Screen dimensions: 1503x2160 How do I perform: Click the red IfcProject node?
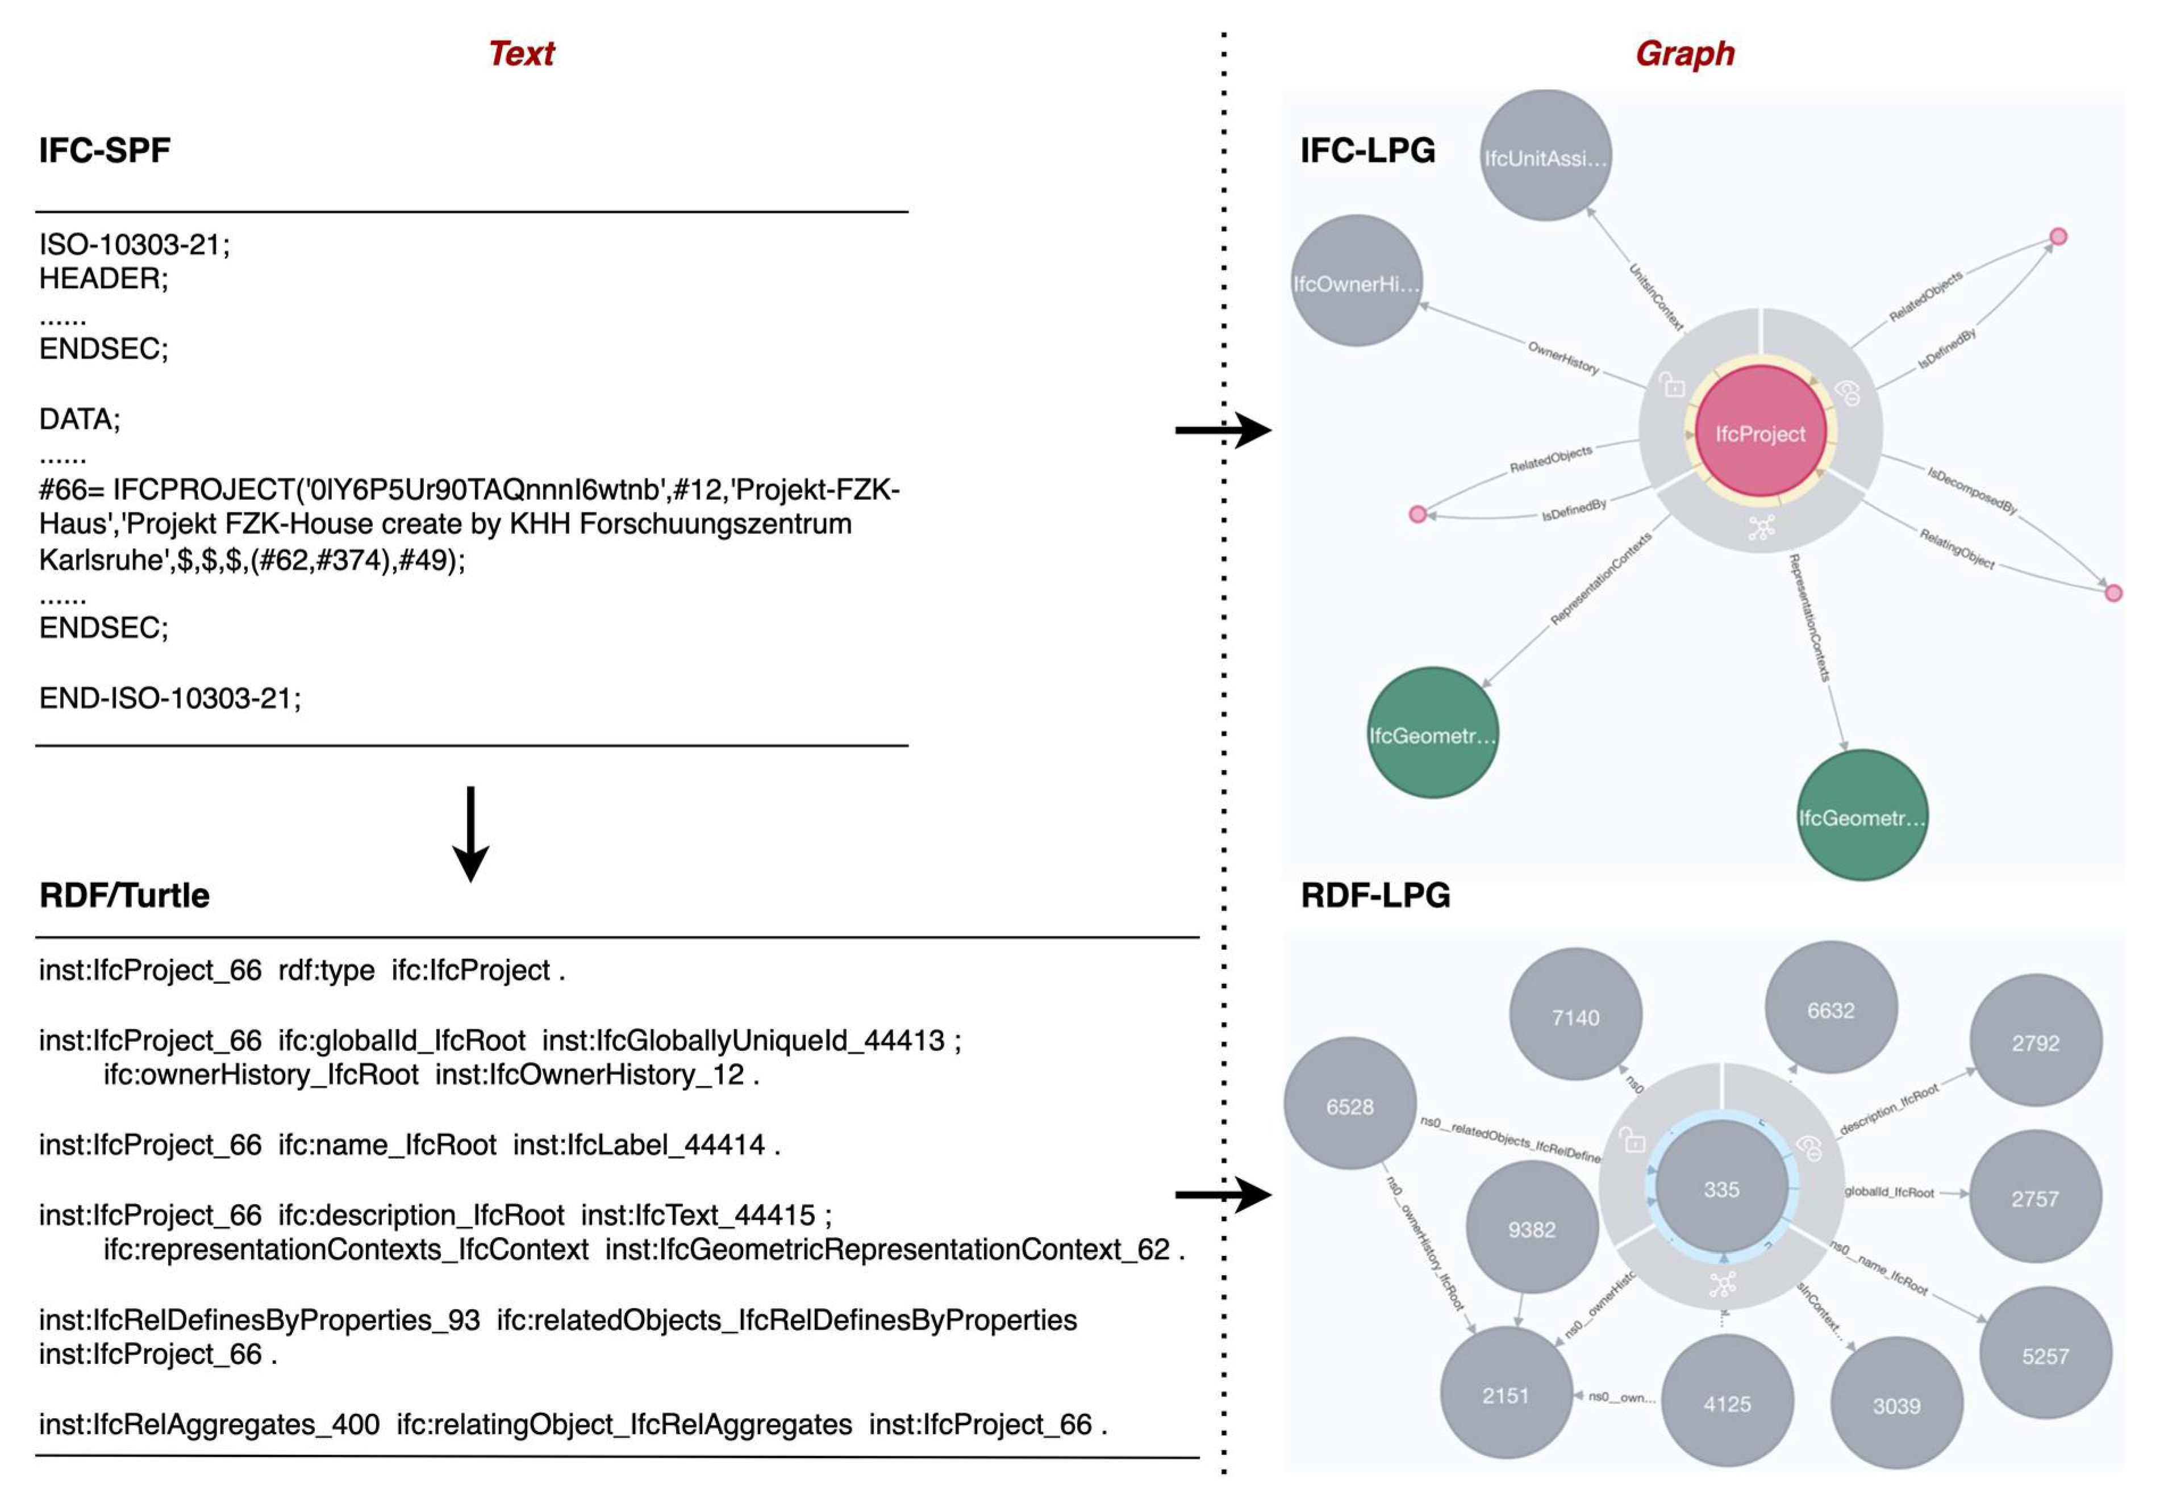(x=1759, y=433)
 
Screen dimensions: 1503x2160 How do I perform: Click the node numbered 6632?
(x=1830, y=1009)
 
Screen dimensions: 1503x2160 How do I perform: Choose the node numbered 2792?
(x=2035, y=1042)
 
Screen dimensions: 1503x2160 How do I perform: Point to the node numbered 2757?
(x=2035, y=1199)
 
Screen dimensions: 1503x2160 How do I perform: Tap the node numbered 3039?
(x=1896, y=1405)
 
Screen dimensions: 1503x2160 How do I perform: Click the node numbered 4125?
(x=1727, y=1403)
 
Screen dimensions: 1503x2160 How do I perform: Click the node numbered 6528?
(x=1349, y=1106)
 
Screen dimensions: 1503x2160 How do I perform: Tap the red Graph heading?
(x=1684, y=53)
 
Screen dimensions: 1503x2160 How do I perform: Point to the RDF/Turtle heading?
(x=124, y=895)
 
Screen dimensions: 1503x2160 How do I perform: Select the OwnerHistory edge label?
(x=1562, y=357)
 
